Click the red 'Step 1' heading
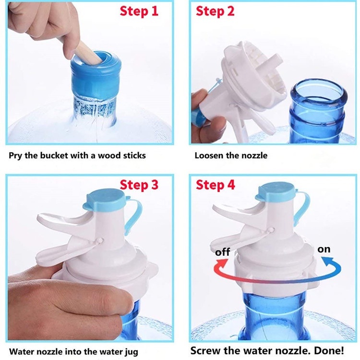[x=139, y=11]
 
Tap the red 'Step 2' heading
[x=215, y=11]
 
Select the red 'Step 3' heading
[x=139, y=185]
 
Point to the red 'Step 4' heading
[x=216, y=185]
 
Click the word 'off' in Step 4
[x=222, y=252]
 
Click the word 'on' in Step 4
[x=324, y=249]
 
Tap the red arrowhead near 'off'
[x=222, y=264]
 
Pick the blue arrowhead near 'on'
[x=327, y=262]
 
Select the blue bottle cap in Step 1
[x=95, y=74]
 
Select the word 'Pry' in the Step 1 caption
[x=16, y=156]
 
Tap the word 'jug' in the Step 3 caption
[x=132, y=352]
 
